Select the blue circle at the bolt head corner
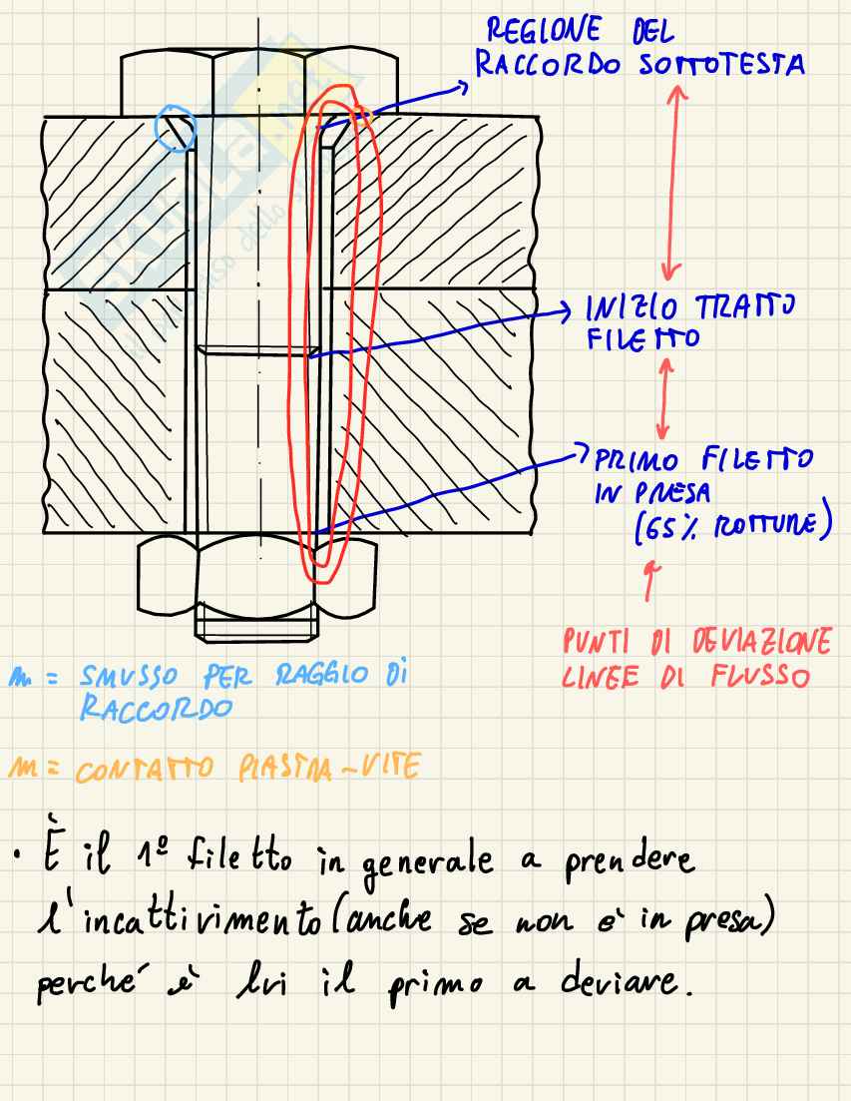(x=175, y=128)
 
